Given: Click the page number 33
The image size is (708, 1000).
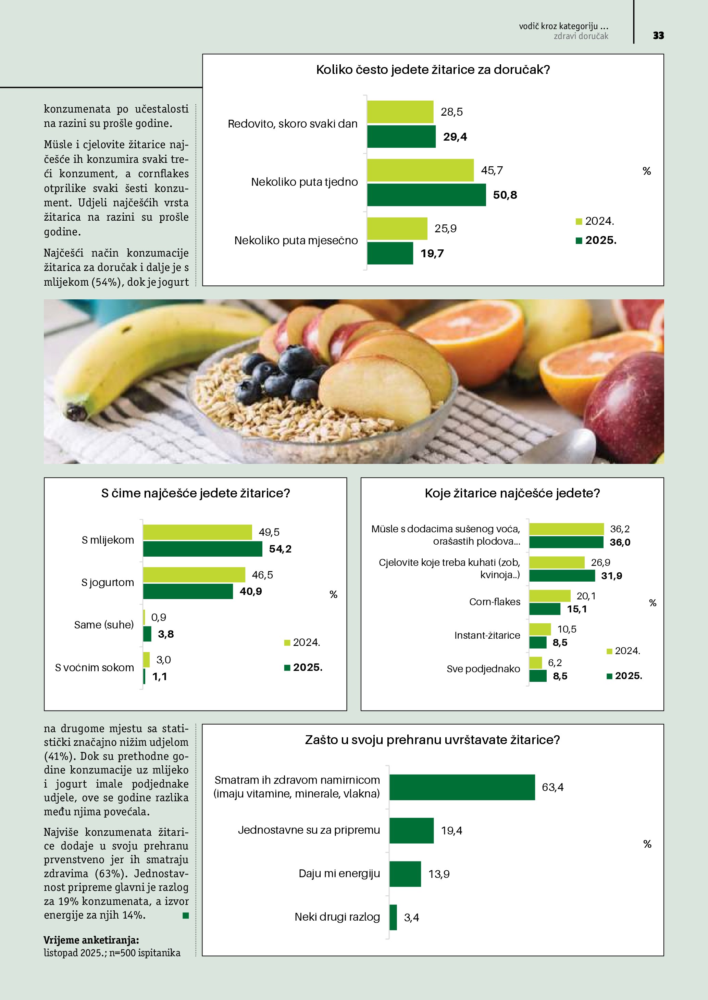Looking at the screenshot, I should (x=658, y=36).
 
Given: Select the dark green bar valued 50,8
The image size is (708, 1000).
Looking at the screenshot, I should (x=426, y=195).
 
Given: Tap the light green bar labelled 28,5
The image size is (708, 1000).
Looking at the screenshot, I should (x=400, y=112).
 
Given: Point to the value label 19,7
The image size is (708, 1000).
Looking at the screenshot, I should (x=432, y=254).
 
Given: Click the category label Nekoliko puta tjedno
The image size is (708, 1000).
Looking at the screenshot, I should (x=304, y=182).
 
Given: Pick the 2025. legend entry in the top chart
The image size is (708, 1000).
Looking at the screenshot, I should (x=596, y=241).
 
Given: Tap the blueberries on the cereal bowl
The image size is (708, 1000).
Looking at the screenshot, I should (x=279, y=375).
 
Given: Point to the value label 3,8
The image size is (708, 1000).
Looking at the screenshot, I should (x=166, y=634).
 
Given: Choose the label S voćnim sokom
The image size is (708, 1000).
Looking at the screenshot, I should (x=94, y=668).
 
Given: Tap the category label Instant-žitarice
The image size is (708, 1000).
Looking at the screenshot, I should (x=487, y=635).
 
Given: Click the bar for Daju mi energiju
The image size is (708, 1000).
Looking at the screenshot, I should (x=405, y=874).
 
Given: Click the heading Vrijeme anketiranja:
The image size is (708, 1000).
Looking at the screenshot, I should (x=91, y=940).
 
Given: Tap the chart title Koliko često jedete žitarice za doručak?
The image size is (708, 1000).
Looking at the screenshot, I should (x=433, y=70).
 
